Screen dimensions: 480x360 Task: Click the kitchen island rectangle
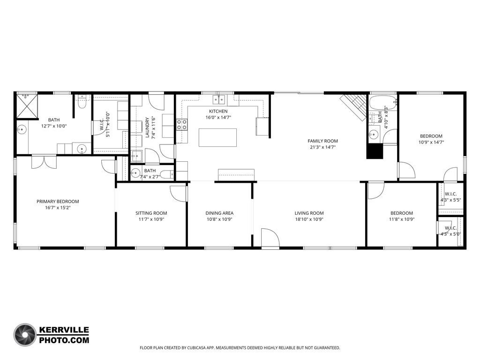(x=217, y=137)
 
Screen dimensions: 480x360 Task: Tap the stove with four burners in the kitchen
(x=181, y=125)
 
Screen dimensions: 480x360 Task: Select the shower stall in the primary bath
(x=27, y=105)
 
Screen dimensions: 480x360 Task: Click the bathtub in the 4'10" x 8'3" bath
(x=382, y=103)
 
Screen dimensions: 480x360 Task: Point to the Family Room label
(x=322, y=141)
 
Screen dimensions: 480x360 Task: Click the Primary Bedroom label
(x=58, y=202)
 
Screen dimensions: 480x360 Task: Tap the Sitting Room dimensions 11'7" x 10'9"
(x=151, y=219)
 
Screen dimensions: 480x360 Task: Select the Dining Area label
(x=219, y=213)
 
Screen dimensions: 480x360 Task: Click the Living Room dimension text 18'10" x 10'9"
(x=309, y=219)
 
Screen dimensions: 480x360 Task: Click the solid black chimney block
(x=375, y=151)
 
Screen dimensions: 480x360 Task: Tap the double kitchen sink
(x=219, y=99)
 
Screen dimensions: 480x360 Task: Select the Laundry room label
(x=147, y=127)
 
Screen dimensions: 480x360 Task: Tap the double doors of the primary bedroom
(x=44, y=162)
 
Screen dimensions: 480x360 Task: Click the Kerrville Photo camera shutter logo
(x=25, y=335)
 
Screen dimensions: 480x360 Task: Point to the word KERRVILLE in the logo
(x=64, y=330)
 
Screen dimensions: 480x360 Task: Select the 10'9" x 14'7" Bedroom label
(x=431, y=136)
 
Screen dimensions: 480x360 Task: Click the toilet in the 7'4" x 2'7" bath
(x=166, y=174)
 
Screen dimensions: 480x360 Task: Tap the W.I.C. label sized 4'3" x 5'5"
(x=450, y=194)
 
